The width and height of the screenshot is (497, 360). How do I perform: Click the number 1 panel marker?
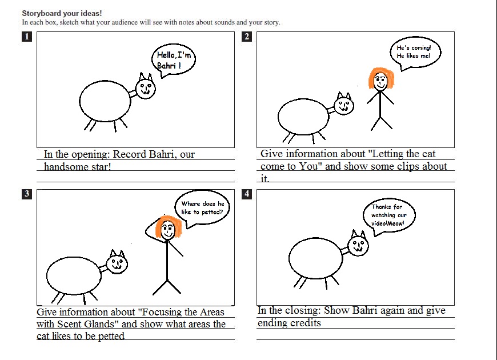(x=27, y=37)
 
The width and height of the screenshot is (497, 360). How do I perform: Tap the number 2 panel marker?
(x=247, y=37)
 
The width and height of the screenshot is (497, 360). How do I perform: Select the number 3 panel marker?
(x=27, y=194)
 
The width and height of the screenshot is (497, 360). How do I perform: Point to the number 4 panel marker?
(x=247, y=194)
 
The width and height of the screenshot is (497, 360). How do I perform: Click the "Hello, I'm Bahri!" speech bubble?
(x=174, y=60)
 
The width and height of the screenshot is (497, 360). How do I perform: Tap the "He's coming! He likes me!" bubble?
(x=415, y=53)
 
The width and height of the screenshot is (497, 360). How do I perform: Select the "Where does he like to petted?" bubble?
(x=202, y=208)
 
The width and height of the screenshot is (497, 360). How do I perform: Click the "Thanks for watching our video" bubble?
(x=389, y=215)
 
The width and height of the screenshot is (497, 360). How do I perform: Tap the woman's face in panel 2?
(x=380, y=82)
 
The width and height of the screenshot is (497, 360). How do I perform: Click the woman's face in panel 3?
(x=168, y=230)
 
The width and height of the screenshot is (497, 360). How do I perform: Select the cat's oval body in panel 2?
(x=304, y=117)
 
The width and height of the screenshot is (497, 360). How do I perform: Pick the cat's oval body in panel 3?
(x=74, y=275)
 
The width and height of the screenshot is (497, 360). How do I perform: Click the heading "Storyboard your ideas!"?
(x=62, y=13)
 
